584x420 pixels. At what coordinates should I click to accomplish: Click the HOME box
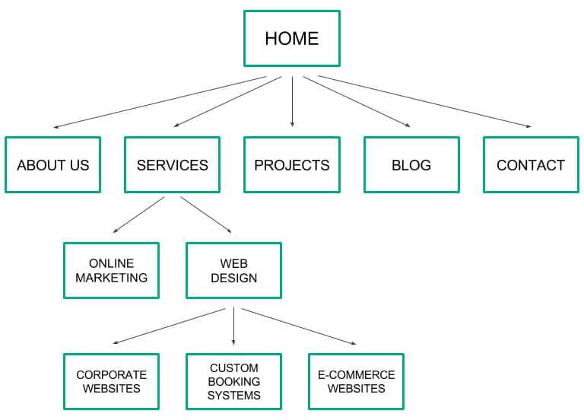tap(292, 38)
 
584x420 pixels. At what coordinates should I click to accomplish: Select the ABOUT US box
tap(53, 164)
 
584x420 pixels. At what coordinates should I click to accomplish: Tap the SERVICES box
tap(172, 164)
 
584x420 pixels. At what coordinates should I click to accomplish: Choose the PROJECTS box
tap(292, 164)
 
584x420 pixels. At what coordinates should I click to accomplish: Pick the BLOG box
tap(411, 164)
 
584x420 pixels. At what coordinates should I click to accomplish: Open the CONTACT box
tap(531, 164)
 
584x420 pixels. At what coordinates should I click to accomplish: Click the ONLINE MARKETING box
tap(111, 271)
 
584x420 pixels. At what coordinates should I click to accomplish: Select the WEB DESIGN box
tap(234, 271)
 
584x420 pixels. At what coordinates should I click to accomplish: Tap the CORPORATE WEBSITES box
tap(111, 382)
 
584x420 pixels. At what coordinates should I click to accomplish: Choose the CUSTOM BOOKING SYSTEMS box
tap(234, 382)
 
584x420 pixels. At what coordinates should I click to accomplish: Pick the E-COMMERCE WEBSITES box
tap(357, 382)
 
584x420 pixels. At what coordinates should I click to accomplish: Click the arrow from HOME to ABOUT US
tap(160, 102)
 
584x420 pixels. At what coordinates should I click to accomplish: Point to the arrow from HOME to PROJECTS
tap(292, 101)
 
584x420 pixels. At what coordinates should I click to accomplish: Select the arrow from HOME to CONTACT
tap(424, 101)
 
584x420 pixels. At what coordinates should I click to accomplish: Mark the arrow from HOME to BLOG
tap(357, 102)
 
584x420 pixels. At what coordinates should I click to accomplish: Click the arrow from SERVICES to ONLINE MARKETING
tap(138, 215)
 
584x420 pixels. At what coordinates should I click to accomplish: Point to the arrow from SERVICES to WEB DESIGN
tap(206, 215)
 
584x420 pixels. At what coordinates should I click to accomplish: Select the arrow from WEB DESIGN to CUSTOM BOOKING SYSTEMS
tap(233, 326)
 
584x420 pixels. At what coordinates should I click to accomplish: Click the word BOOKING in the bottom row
tap(234, 382)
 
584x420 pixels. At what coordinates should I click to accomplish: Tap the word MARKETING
tap(111, 278)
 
